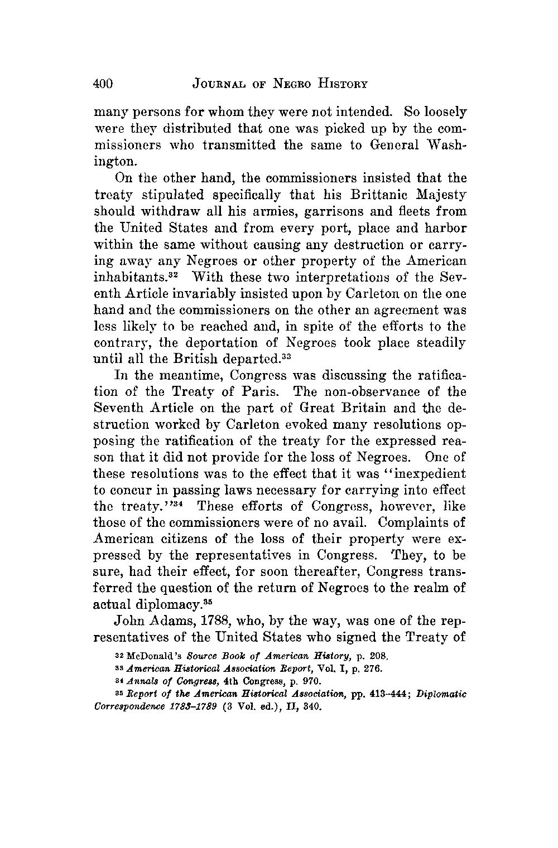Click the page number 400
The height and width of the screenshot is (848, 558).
point(104,84)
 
